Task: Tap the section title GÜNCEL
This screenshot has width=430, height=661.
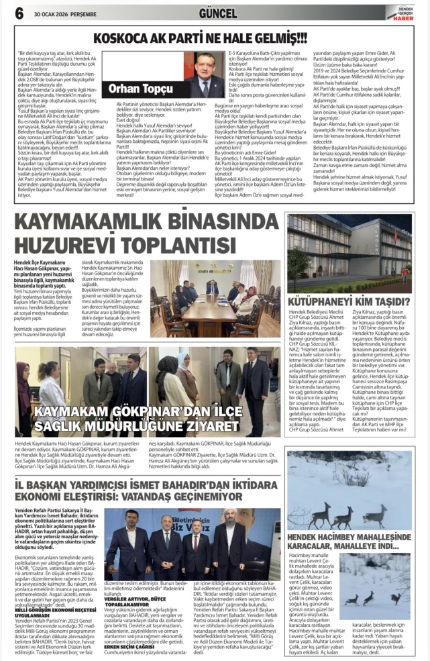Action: click(x=218, y=13)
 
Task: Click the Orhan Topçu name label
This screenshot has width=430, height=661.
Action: click(x=131, y=88)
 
